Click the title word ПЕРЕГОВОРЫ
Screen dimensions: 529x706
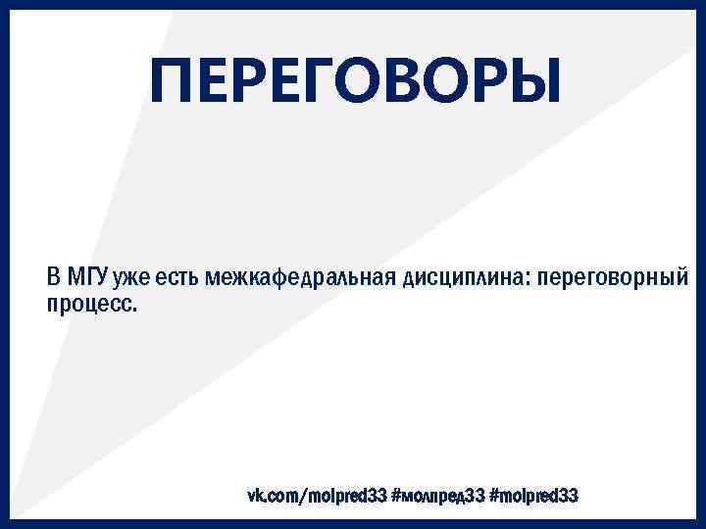pyautogui.click(x=358, y=81)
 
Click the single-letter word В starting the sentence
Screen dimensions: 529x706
pyautogui.click(x=55, y=276)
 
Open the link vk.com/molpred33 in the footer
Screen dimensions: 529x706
pyautogui.click(x=317, y=497)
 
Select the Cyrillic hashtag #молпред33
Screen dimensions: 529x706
pyautogui.click(x=437, y=497)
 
